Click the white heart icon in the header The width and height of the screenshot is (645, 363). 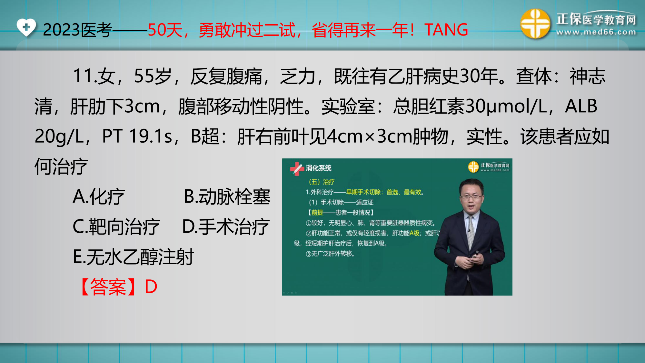pyautogui.click(x=26, y=27)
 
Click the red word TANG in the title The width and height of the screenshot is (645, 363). pyautogui.click(x=446, y=30)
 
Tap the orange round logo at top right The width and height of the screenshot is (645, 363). pyautogui.click(x=535, y=24)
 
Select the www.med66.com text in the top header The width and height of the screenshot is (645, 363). pyautogui.click(x=596, y=32)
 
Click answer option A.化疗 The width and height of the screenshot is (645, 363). pyautogui.click(x=99, y=197)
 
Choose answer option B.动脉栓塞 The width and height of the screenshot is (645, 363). pyautogui.click(x=227, y=197)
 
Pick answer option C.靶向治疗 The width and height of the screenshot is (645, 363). pyautogui.click(x=116, y=227)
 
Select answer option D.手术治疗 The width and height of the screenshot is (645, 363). pyautogui.click(x=226, y=227)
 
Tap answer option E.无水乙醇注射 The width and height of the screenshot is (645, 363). pyautogui.click(x=134, y=257)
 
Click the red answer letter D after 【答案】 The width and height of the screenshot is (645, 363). pyautogui.click(x=151, y=287)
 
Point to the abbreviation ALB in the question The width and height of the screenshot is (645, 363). pyautogui.click(x=581, y=106)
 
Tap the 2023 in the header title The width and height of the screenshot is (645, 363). pyautogui.click(x=61, y=30)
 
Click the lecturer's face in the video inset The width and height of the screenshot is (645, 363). pyautogui.click(x=471, y=196)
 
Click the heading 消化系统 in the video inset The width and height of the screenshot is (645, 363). pyautogui.click(x=319, y=168)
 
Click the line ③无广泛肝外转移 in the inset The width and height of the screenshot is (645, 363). pyautogui.click(x=330, y=254)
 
